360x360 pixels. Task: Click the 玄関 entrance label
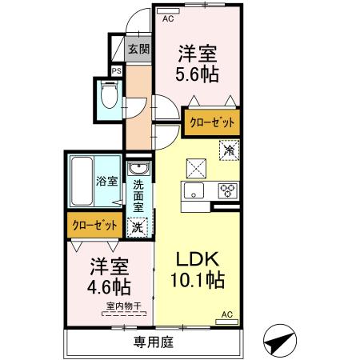138,49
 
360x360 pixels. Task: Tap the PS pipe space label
115,70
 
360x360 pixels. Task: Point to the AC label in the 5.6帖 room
168,18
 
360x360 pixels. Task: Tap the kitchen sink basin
195,190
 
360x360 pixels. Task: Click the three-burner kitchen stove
227,190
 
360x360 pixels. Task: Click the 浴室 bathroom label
106,182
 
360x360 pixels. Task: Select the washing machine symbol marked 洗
138,226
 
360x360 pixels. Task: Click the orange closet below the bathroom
93,226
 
